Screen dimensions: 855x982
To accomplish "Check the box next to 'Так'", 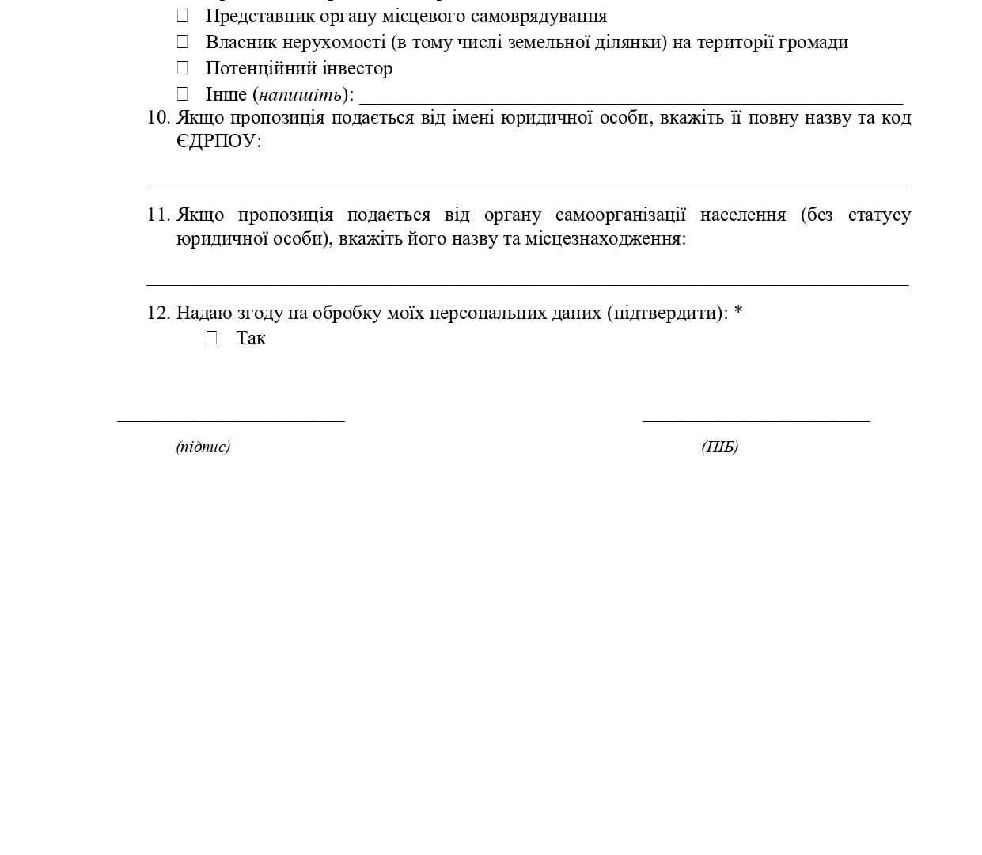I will tap(211, 338).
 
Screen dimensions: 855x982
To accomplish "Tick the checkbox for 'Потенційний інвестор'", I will tap(182, 68).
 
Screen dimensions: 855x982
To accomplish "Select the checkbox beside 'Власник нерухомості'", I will tap(182, 42).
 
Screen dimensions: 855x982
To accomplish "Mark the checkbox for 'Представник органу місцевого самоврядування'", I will tap(182, 16).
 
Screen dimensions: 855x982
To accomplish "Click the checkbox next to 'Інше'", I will tap(182, 94).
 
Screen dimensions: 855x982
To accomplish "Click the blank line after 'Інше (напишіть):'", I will tap(631, 98).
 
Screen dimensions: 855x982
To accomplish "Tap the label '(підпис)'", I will tap(203, 446).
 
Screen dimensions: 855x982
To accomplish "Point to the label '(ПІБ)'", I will tap(719, 446).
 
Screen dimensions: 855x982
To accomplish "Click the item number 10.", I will tap(158, 118).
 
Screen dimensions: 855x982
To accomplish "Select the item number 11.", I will tap(158, 215).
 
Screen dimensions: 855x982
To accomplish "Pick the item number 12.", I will tap(158, 313).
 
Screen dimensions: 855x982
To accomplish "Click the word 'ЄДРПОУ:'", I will tap(218, 142).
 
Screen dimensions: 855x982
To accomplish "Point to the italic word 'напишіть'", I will tap(301, 95).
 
